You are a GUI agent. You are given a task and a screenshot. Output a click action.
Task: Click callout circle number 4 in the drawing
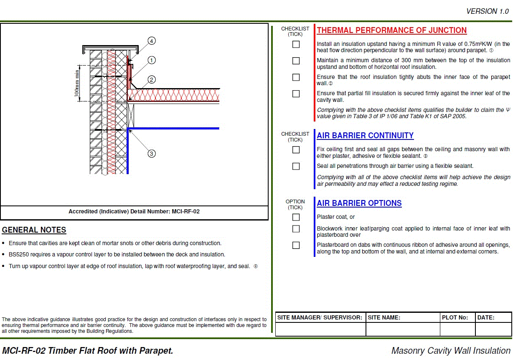[x=152, y=41]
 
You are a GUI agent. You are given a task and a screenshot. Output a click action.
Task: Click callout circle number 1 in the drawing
[x=152, y=60]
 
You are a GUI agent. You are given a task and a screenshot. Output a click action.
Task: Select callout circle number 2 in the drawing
[x=152, y=79]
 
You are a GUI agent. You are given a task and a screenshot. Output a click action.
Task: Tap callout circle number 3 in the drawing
[x=152, y=154]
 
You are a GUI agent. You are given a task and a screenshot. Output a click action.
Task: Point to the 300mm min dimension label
[x=77, y=84]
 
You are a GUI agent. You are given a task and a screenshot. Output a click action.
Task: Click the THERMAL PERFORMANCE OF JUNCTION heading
[x=391, y=30]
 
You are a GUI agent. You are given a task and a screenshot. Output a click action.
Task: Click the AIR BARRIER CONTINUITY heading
[x=365, y=136]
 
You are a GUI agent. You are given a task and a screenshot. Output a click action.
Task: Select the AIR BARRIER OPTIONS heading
[x=359, y=203]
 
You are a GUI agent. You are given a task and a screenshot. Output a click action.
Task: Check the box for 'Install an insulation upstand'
[x=296, y=44]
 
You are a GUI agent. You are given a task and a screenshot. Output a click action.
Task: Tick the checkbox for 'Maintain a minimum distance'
[x=296, y=61]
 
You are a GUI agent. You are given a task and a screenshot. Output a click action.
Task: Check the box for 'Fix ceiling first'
[x=296, y=150]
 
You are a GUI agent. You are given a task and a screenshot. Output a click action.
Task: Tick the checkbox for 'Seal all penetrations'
[x=296, y=166]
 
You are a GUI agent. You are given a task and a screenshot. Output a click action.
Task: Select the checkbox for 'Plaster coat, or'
[x=296, y=217]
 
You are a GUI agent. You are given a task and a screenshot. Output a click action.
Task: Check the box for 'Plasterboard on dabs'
[x=296, y=245]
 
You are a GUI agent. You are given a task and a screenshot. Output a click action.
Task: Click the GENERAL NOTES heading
[x=34, y=230]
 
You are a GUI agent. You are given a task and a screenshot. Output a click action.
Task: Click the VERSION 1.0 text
[x=488, y=12]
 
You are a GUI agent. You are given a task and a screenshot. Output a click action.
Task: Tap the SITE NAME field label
[x=384, y=317]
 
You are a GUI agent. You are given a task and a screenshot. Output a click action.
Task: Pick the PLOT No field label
[x=455, y=317]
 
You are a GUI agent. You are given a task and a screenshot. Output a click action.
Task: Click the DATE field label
[x=486, y=317]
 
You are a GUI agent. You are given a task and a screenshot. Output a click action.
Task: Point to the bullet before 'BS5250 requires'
[x=4, y=255]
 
